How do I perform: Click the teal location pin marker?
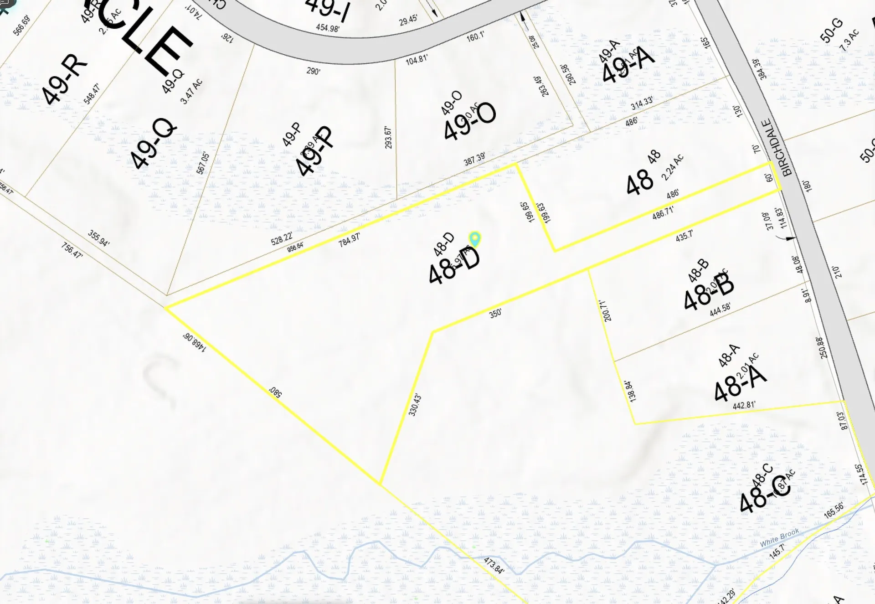click(x=475, y=238)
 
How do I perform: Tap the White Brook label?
click(x=779, y=537)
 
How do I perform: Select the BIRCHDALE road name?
click(x=777, y=147)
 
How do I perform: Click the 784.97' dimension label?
click(x=349, y=239)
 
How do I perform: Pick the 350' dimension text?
click(x=495, y=313)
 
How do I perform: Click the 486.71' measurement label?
click(x=663, y=212)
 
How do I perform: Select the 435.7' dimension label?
click(x=684, y=235)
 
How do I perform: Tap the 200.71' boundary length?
click(x=605, y=310)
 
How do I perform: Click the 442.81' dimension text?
click(x=744, y=405)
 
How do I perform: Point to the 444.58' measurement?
click(x=720, y=309)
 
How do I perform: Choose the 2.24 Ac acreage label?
click(x=673, y=167)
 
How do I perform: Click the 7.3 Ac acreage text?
click(x=849, y=40)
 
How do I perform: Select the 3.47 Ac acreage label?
click(x=191, y=91)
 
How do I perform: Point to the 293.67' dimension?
click(x=388, y=137)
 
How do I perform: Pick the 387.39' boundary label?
click(x=474, y=159)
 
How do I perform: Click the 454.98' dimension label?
click(x=328, y=28)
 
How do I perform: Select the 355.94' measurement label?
click(x=98, y=238)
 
